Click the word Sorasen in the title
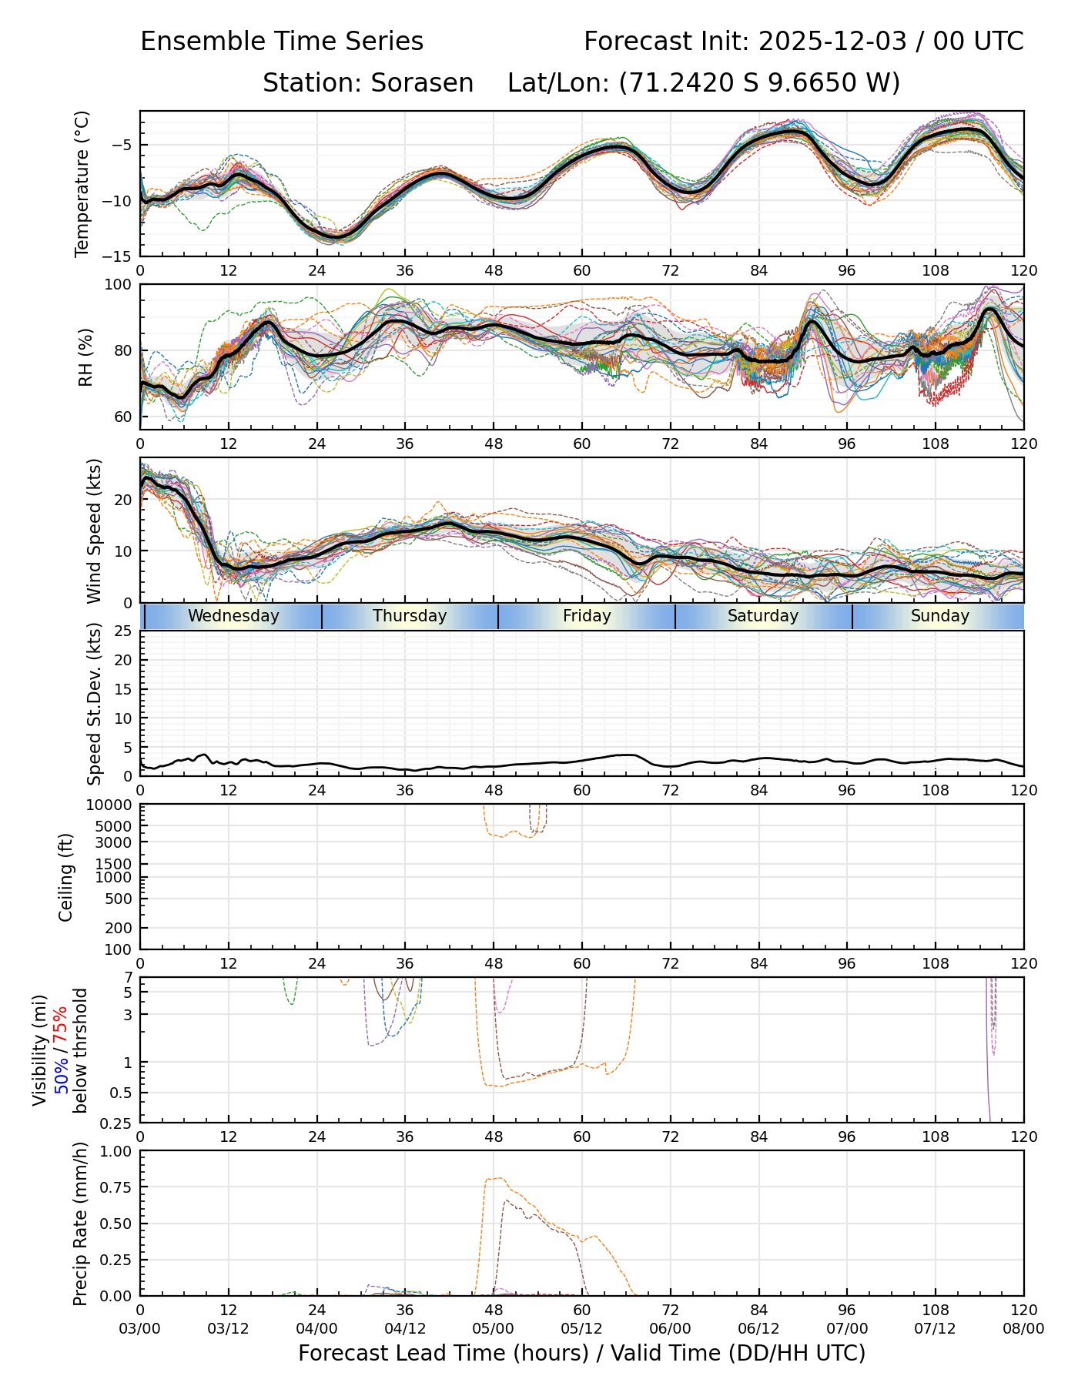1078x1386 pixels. [x=422, y=83]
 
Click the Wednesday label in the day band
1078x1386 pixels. [x=233, y=616]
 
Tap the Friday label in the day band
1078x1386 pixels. [x=587, y=616]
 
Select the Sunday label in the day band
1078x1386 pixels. [x=939, y=616]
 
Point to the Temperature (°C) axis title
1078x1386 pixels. [x=82, y=183]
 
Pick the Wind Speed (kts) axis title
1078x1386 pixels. [x=94, y=531]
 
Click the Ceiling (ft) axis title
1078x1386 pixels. [x=66, y=877]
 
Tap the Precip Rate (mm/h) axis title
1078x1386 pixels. [x=80, y=1223]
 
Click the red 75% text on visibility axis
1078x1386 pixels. [x=60, y=1025]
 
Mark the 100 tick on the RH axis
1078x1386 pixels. [x=119, y=285]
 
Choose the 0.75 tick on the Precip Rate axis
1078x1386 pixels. [x=115, y=1187]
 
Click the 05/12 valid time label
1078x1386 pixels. [x=581, y=1329]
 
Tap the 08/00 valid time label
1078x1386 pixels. [x=1023, y=1329]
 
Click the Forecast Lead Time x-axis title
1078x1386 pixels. [x=581, y=1353]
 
